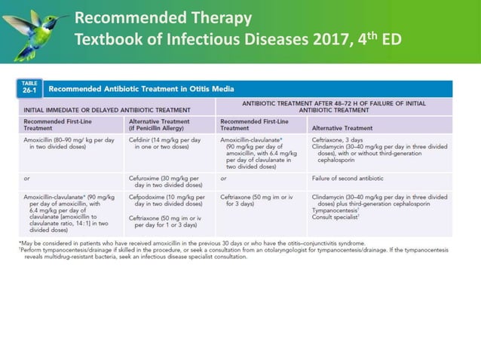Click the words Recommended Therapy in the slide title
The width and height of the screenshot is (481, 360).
pos(163,18)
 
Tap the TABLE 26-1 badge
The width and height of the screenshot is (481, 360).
pos(29,88)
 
